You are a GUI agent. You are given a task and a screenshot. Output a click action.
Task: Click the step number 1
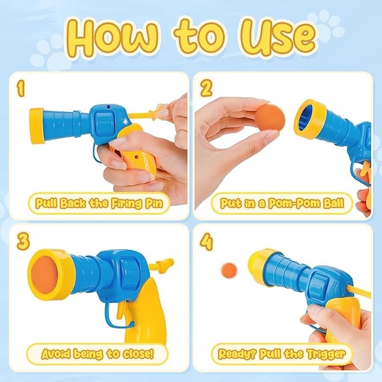[x=21, y=88]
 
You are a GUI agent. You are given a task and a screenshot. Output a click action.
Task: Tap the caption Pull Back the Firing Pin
[x=99, y=203]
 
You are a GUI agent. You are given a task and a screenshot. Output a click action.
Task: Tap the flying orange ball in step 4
[x=228, y=269]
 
